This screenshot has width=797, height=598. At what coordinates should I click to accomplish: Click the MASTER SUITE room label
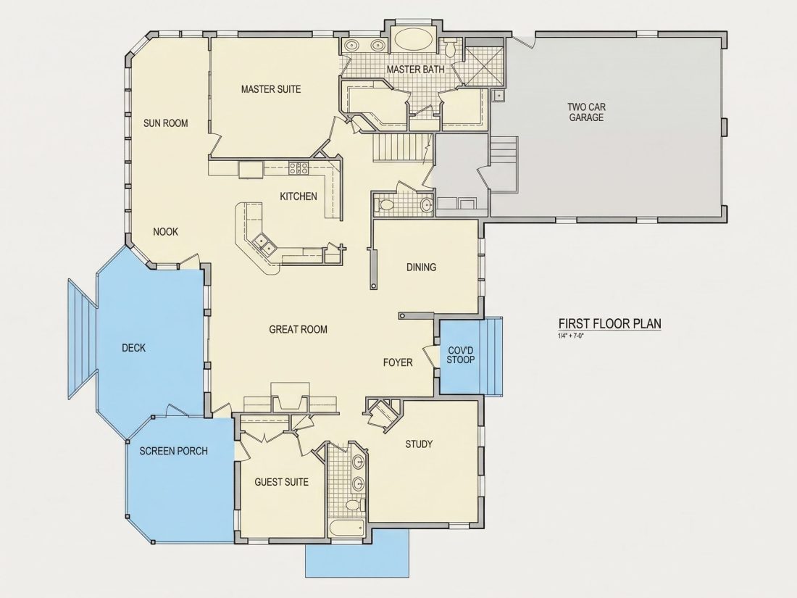click(271, 89)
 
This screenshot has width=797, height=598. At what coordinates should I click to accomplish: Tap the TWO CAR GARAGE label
click(587, 112)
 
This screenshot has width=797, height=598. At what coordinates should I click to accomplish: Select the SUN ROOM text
click(166, 123)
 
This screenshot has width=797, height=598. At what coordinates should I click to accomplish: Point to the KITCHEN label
click(299, 196)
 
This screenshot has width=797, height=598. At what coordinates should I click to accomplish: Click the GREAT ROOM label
click(299, 330)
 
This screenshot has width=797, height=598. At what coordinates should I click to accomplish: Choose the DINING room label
click(422, 267)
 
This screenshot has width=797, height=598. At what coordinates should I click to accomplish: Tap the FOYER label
click(398, 362)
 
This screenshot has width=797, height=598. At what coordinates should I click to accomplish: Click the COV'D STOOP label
click(461, 355)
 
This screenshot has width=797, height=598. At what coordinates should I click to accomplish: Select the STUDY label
click(419, 444)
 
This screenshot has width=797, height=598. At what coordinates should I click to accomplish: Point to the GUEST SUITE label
click(282, 482)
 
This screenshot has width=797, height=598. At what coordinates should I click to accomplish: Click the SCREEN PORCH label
click(174, 451)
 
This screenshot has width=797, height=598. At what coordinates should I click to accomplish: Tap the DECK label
click(134, 348)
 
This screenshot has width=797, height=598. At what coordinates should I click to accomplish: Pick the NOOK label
click(166, 232)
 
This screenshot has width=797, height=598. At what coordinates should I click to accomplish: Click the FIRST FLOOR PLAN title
click(610, 323)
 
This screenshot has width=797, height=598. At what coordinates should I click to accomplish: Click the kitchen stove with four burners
click(299, 168)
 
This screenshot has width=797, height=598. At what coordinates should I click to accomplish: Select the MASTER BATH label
click(415, 69)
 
